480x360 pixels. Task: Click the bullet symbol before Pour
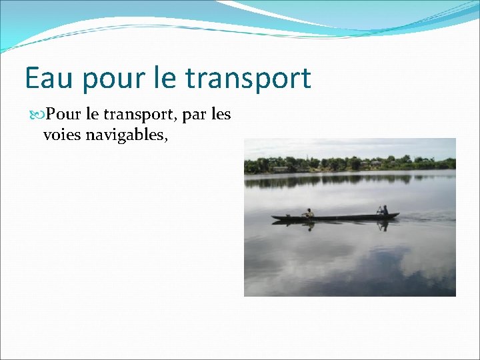[38, 115]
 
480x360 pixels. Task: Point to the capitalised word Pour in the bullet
[62, 115]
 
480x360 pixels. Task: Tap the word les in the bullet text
[221, 115]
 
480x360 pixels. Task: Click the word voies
[61, 135]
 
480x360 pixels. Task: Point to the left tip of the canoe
[273, 217]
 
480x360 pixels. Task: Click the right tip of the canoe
[398, 215]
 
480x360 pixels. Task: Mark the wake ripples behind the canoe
[427, 217]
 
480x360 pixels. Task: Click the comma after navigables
[164, 139]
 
